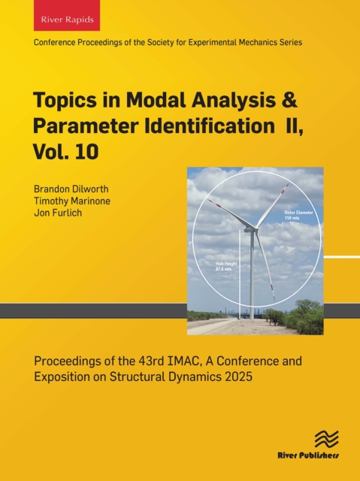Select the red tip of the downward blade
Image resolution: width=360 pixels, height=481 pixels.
[273, 294]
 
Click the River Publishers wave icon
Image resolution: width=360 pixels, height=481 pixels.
[326, 440]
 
